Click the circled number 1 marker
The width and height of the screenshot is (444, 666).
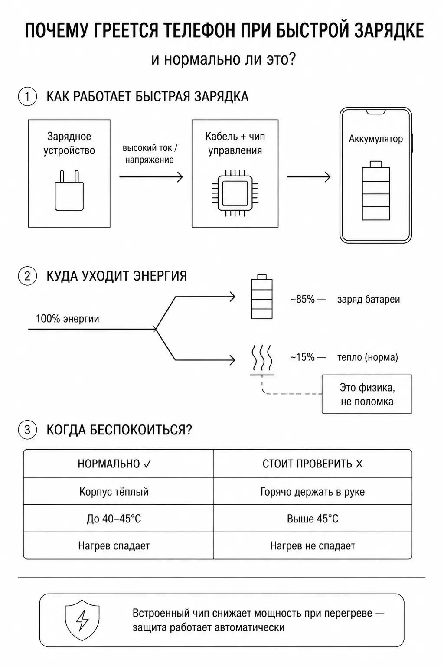(27, 97)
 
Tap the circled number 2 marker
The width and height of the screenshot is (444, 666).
(27, 276)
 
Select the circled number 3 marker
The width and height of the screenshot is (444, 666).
(27, 430)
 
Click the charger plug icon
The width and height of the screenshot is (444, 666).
(69, 190)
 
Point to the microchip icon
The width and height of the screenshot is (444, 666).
(235, 193)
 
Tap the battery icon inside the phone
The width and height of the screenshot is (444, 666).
(376, 191)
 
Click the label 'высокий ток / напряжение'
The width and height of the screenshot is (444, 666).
(150, 154)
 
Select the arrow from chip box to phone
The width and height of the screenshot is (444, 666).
(309, 177)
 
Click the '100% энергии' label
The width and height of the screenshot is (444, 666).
(68, 319)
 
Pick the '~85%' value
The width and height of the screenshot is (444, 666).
(302, 299)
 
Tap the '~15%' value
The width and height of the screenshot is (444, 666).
(302, 357)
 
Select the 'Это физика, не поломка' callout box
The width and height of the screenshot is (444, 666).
(367, 394)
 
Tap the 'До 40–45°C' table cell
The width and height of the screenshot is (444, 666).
(114, 519)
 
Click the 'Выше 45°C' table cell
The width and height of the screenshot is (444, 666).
(313, 519)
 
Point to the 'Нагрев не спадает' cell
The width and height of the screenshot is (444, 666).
(313, 546)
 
